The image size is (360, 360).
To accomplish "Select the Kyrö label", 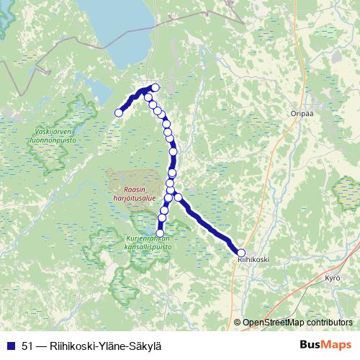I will click(x=332, y=277).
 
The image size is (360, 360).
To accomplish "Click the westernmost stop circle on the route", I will click(x=120, y=112).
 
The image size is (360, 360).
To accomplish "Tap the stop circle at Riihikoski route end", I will click(x=241, y=252).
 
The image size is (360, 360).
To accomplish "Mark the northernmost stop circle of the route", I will click(x=156, y=88).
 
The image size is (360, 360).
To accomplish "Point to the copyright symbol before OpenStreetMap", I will click(x=237, y=322).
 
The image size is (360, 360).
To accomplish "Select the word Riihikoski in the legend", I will click(x=71, y=345).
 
